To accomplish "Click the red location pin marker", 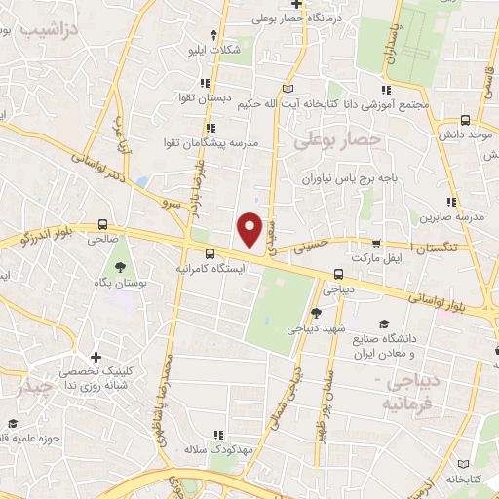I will coord(250,230).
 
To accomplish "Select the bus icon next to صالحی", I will coord(103,224).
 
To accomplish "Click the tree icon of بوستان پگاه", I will coord(120,266).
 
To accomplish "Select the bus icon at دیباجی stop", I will coord(338,274).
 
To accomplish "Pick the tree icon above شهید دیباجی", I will coord(316,313).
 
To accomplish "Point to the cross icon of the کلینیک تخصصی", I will coord(96,358).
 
